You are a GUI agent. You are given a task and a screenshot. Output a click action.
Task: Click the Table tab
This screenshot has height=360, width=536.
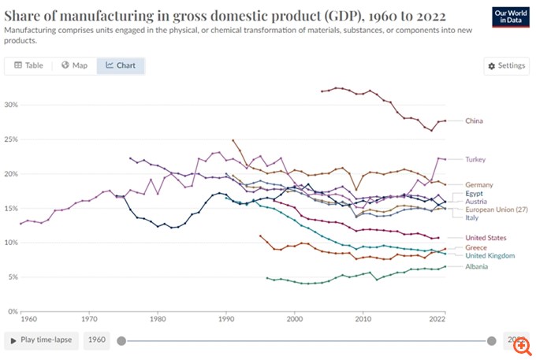pos(28,65)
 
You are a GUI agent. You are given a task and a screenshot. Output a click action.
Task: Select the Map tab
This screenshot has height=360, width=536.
pos(74,65)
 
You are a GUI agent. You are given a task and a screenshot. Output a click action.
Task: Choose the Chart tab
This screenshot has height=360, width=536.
pos(121,65)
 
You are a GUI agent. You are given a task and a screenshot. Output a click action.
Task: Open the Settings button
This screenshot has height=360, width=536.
pos(506,65)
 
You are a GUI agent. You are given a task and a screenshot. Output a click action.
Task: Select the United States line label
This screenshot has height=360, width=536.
pos(486,237)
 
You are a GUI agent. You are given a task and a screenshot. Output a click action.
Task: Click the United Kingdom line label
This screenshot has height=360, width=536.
pos(490,256)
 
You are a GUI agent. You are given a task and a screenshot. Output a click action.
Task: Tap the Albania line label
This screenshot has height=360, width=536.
pos(478,266)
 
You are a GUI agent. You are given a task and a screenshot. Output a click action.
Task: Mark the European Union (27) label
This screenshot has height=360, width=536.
pos(497,210)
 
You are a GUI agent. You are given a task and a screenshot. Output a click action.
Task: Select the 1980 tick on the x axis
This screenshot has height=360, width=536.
pos(158,319)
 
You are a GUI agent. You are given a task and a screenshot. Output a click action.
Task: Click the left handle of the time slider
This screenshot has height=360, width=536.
pos(121,341)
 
